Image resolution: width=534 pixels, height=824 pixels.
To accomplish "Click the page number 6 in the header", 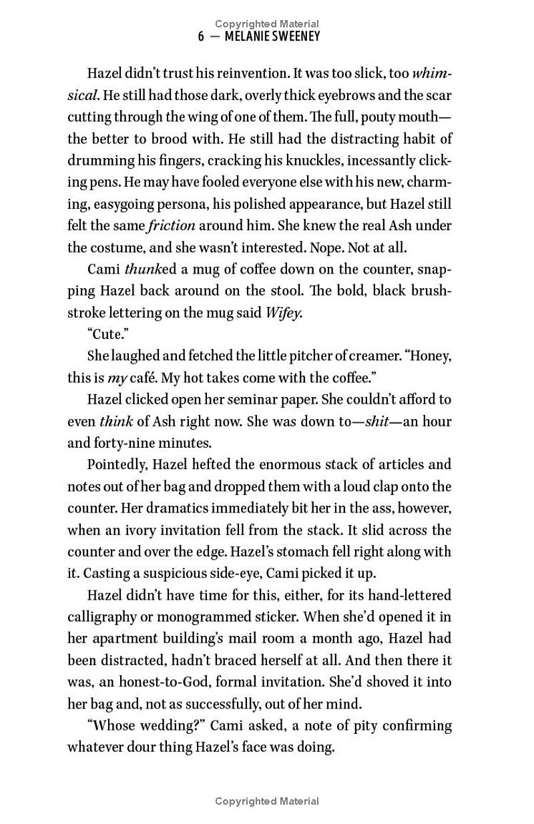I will (x=202, y=37).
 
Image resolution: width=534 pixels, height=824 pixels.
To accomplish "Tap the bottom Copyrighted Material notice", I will (x=267, y=801).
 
